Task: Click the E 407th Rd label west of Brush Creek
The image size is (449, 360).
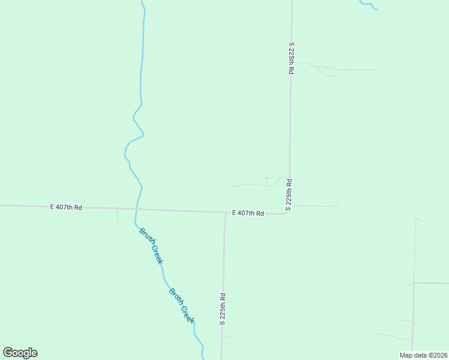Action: point(66,207)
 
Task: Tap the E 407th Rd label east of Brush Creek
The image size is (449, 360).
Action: point(248,213)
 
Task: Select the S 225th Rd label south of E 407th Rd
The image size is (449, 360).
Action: point(222,308)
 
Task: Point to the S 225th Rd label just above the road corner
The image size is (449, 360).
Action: point(289,194)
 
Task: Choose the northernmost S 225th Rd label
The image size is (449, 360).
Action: point(291,58)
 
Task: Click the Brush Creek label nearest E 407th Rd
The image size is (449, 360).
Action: point(151,245)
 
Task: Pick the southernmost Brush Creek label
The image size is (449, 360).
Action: point(181,305)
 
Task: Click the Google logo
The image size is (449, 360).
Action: point(20,353)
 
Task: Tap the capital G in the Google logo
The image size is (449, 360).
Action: point(7,353)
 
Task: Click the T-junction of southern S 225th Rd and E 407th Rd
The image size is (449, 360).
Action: point(225,212)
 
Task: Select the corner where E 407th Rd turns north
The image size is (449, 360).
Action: point(288,212)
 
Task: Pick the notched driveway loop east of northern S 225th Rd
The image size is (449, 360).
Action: point(329,72)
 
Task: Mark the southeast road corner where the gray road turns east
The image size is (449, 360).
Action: point(414,283)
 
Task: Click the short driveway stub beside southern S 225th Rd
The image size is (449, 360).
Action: point(229,337)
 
